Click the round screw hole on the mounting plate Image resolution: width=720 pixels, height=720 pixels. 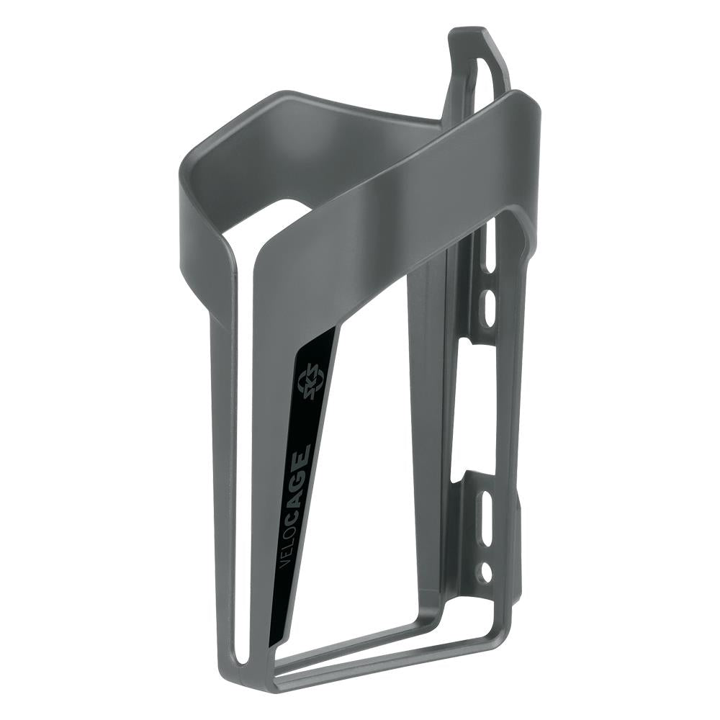click(487, 572)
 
